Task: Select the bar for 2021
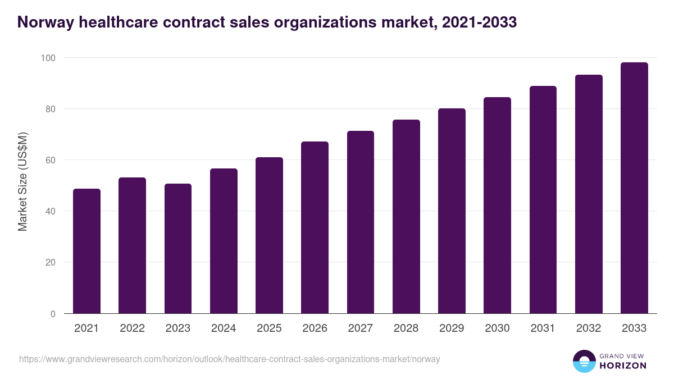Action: coord(86,251)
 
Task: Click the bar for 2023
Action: coord(178,249)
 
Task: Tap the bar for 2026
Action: coord(315,227)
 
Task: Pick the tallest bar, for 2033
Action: coord(634,188)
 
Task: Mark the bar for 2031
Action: coord(543,200)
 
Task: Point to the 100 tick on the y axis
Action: coord(48,58)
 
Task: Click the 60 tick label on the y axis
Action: coord(50,160)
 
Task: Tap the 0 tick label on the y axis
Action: coord(53,314)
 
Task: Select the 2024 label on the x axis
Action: coord(224,328)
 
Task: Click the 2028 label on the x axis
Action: coord(406,328)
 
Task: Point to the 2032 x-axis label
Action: coord(589,328)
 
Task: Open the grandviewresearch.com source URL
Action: coord(230,359)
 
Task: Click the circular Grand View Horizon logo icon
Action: coord(584,361)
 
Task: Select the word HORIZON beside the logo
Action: coord(622,366)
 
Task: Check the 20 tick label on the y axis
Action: coord(50,262)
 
